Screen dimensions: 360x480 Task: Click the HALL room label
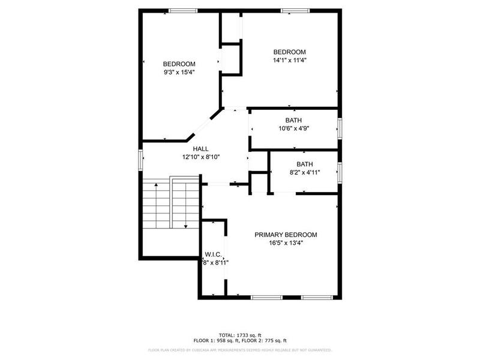(201, 148)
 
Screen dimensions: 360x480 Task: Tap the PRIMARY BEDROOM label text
(286, 235)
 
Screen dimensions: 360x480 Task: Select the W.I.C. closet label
(214, 254)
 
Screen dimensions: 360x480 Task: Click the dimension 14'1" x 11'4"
(290, 60)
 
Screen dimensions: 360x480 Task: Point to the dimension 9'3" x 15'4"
(179, 72)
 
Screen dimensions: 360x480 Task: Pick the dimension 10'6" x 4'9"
(293, 128)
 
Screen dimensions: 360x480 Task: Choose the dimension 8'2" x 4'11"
(304, 172)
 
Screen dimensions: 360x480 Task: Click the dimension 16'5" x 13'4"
(286, 243)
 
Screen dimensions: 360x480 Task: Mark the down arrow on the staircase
(186, 226)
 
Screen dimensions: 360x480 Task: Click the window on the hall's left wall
(141, 160)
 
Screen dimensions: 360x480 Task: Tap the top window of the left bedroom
(183, 10)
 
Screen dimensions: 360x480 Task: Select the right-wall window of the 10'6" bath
(340, 128)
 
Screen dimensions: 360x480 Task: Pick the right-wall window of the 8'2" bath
(340, 172)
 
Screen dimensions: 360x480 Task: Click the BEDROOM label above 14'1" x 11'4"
(290, 52)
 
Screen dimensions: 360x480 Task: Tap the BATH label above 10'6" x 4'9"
(293, 120)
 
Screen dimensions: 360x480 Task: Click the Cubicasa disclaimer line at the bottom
(240, 350)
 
